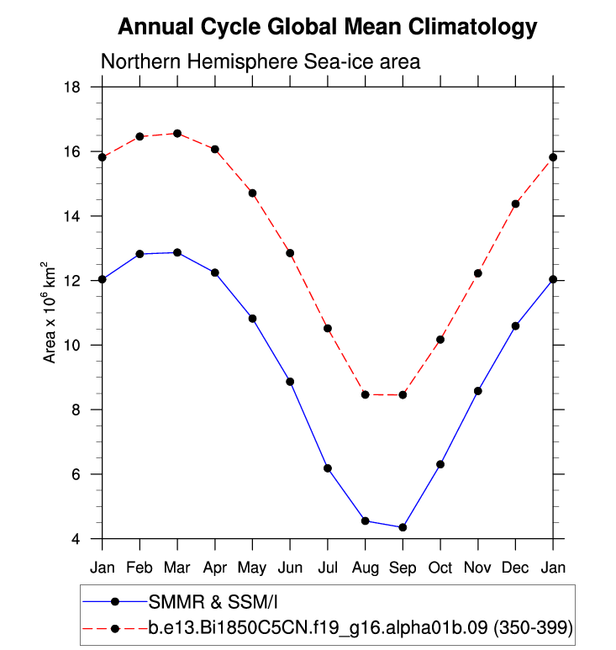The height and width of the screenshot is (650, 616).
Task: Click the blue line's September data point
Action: pyautogui.click(x=403, y=527)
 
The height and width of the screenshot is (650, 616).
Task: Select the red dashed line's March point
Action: pyautogui.click(x=177, y=134)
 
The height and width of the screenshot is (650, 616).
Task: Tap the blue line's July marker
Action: pyautogui.click(x=328, y=468)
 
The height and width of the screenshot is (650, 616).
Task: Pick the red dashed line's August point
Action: pyautogui.click(x=365, y=394)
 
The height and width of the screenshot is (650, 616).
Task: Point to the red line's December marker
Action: pyautogui.click(x=515, y=204)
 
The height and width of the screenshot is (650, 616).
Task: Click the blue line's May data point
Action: pyautogui.click(x=252, y=319)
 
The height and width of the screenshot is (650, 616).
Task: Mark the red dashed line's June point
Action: pyautogui.click(x=290, y=253)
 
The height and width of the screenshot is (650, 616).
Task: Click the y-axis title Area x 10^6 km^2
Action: pyautogui.click(x=51, y=312)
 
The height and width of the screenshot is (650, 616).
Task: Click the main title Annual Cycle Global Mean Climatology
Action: pyautogui.click(x=327, y=27)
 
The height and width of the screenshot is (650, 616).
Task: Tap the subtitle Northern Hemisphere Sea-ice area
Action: pyautogui.click(x=260, y=62)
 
